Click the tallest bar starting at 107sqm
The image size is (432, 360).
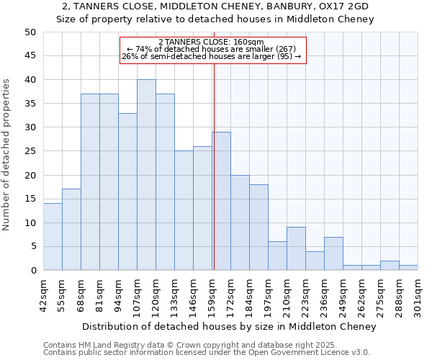coord(146,175)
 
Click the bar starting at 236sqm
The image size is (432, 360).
coord(333,253)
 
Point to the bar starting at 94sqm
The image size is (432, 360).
coord(127,192)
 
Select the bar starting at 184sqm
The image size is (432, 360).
coord(258,228)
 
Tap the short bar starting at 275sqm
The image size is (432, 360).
coord(390,266)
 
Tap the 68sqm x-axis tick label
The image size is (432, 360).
coord(81,293)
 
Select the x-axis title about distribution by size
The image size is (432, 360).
coord(229,327)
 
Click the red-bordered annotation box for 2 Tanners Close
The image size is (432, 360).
coord(212,50)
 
